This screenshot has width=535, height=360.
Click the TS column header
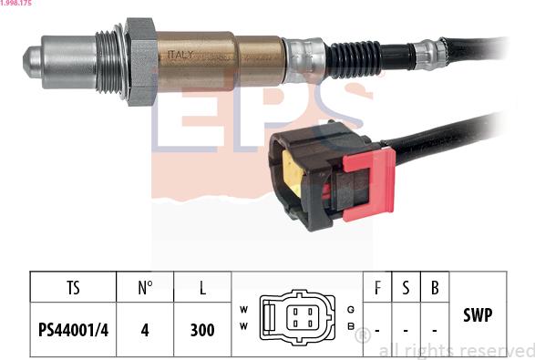[73, 288]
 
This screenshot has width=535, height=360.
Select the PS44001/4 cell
[73, 330]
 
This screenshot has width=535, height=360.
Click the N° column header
[145, 288]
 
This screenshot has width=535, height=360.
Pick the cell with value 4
[145, 330]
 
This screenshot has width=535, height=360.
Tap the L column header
[202, 288]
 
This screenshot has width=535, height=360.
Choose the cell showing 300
[202, 330]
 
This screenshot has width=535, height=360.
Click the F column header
[377, 288]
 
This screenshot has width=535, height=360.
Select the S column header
[406, 288]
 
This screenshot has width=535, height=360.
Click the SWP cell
[478, 315]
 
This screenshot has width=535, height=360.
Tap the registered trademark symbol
[362, 335]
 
